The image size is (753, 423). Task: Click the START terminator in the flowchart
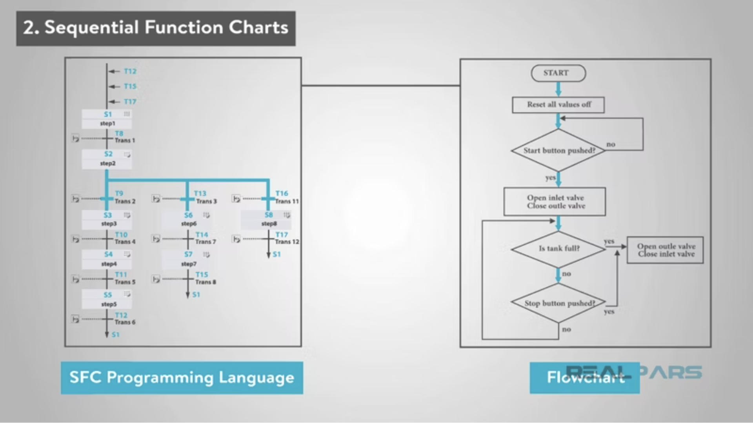coord(558,73)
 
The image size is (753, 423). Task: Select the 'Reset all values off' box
coord(558,105)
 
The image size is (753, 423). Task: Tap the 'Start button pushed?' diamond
coord(558,150)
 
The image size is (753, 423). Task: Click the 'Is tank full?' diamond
coord(558,248)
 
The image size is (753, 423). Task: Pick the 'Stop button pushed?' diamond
coord(558,303)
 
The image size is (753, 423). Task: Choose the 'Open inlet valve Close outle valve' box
coord(555,202)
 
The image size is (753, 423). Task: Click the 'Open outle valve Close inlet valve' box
coord(665,250)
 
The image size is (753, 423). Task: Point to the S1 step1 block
coord(107,119)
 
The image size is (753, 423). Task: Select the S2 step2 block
coord(107,159)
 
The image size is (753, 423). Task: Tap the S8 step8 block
coord(266,219)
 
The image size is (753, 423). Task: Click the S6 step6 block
coord(187,219)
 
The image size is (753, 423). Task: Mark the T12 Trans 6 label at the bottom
coord(124,319)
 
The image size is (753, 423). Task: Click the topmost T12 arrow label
coord(130,71)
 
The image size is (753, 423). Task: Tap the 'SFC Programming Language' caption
coord(182,377)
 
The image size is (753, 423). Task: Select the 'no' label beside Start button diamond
coord(611,144)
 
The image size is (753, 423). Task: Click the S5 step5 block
coord(107,299)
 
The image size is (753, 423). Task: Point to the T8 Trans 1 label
coord(124,137)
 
